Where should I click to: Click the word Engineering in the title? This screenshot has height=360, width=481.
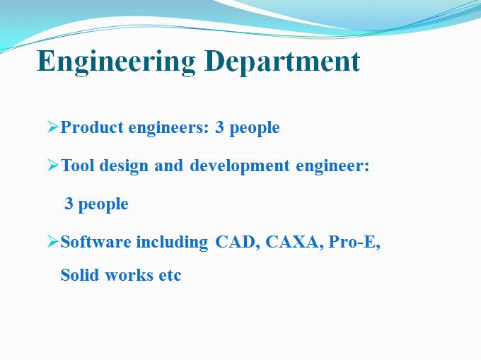pos(116,62)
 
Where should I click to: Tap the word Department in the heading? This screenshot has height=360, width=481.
pos(282,62)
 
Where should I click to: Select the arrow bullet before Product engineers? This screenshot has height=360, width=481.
pos(53,127)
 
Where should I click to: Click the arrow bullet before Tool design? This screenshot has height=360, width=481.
pos(53,166)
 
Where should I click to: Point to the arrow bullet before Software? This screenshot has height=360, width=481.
pos(53,242)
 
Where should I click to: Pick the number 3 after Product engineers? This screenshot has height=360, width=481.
pos(219,127)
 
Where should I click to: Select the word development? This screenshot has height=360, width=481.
pos(240,166)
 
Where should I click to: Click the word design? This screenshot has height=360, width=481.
pos(124,166)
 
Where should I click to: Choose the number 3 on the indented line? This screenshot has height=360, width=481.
pos(69,203)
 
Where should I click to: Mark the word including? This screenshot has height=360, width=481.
pos(172,243)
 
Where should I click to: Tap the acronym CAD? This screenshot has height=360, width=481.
pos(236,242)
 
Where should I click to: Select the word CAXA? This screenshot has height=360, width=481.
pos(291,242)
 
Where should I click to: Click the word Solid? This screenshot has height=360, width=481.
pos(79,274)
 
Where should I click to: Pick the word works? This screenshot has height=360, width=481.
pos(129,274)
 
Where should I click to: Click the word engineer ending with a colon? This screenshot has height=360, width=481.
pos(332,166)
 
